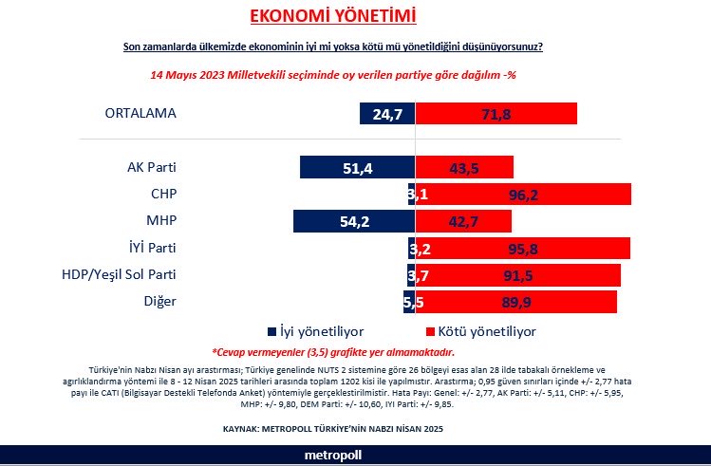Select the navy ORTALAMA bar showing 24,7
387,113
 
